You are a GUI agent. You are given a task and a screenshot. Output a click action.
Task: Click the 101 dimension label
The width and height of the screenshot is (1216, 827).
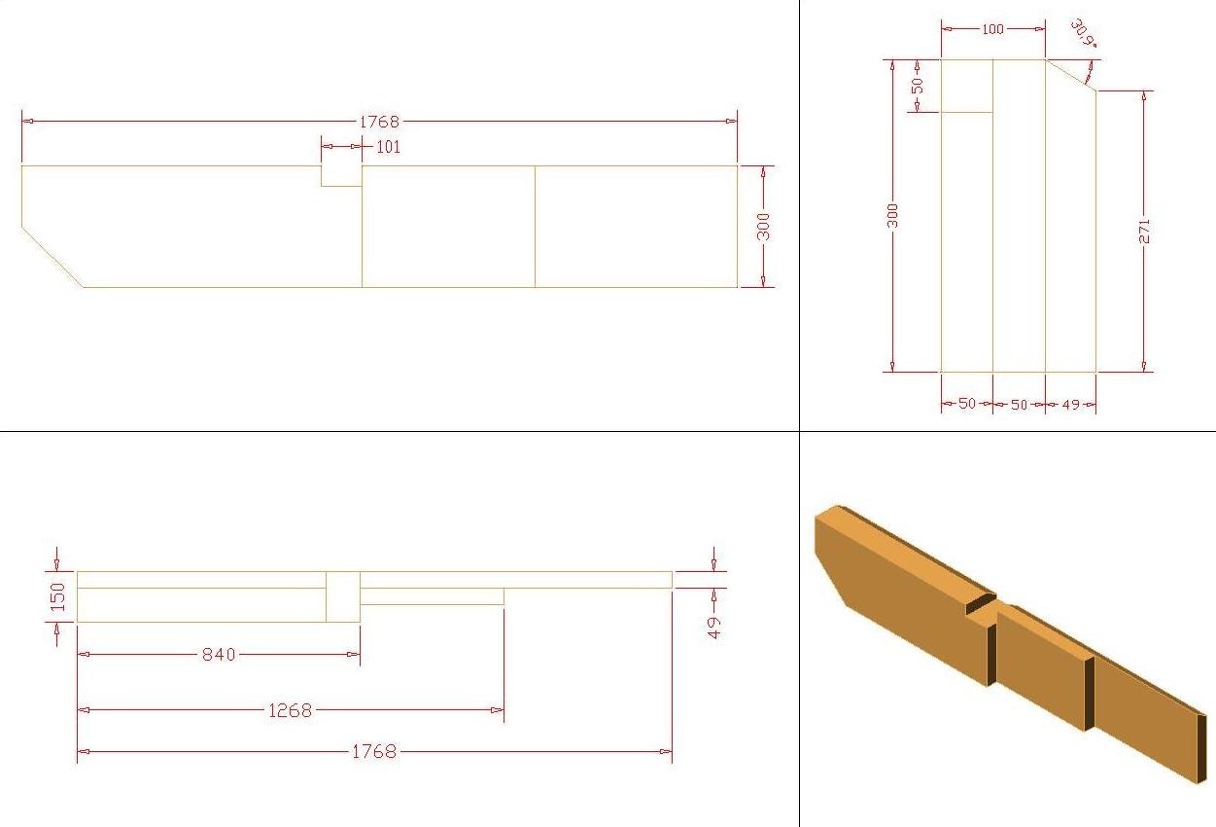point(388,147)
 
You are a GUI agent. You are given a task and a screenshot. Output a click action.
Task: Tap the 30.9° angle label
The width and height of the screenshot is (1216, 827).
point(1084,33)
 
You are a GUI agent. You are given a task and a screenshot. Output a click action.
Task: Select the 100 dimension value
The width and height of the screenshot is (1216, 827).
point(992,29)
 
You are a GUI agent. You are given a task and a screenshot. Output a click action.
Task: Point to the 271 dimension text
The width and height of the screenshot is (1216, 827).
point(1144,231)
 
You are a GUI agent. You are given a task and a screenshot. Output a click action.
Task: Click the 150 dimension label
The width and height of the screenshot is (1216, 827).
point(57,596)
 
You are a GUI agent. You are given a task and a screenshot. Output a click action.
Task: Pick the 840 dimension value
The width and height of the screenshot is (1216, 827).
point(219,654)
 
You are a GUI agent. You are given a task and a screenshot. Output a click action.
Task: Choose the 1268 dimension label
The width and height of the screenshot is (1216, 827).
point(290,710)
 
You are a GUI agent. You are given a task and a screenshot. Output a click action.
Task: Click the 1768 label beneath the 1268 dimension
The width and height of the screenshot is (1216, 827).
point(374,751)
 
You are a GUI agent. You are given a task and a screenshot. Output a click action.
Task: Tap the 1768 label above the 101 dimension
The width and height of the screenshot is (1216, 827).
point(379,122)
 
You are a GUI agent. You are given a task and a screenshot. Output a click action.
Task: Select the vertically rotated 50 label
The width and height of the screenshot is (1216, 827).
point(918,86)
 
